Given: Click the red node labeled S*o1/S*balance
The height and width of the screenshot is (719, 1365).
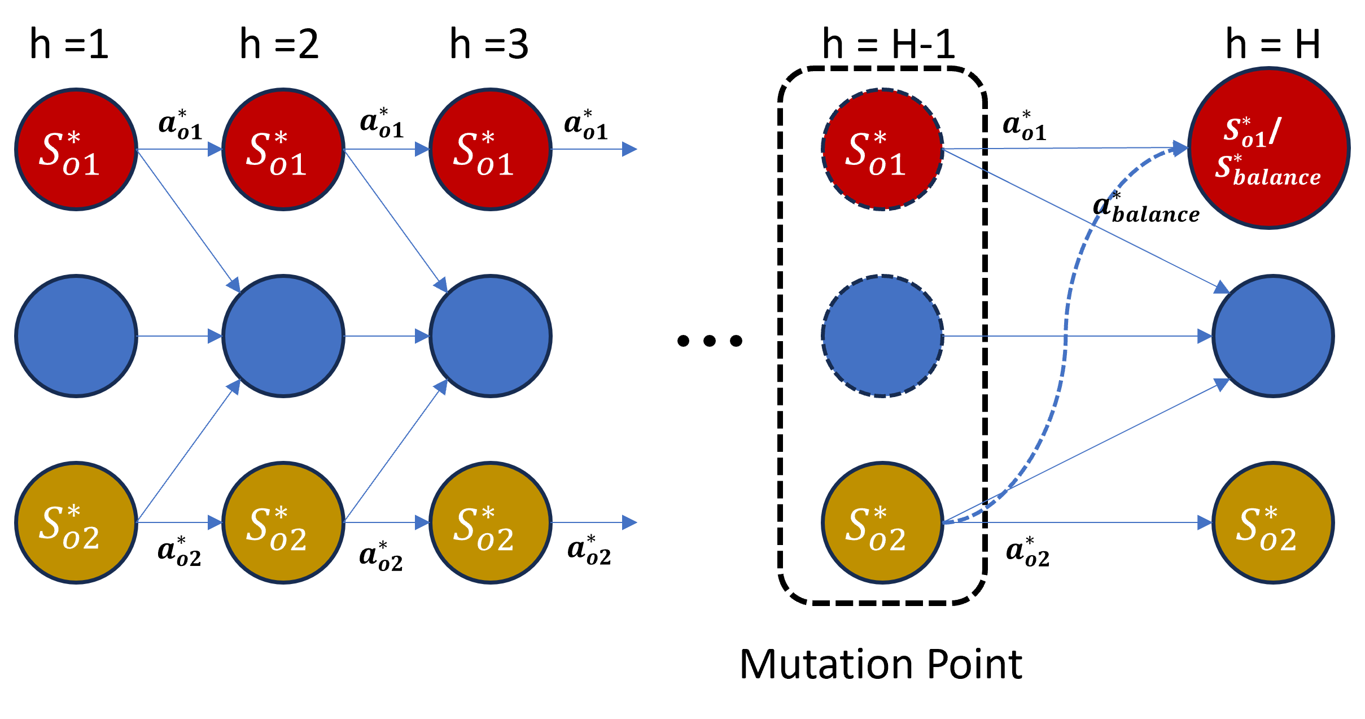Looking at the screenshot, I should [1269, 148].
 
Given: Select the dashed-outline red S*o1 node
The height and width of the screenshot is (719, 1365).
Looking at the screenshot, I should [882, 150].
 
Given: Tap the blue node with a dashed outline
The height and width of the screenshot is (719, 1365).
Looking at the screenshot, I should [882, 336].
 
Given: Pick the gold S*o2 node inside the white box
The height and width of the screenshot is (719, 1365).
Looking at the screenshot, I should [882, 522].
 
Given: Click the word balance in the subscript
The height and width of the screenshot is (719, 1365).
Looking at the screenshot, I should [1277, 177].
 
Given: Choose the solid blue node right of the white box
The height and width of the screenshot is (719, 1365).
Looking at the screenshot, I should [1273, 336].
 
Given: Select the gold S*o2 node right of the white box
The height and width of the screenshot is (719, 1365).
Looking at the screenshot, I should [1273, 522].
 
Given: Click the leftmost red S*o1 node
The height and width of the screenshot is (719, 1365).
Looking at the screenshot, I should [76, 150].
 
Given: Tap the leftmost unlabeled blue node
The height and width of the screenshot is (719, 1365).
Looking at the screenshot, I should [76, 336].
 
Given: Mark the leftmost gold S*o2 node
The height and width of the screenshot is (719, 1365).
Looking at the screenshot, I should [76, 522].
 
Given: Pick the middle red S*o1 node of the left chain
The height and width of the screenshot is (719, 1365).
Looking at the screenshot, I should [283, 150].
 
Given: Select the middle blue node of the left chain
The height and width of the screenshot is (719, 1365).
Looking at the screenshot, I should [283, 336].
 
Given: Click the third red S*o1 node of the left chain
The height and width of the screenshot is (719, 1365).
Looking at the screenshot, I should [491, 150].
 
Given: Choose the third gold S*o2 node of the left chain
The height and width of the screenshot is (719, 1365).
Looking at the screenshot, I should [491, 522].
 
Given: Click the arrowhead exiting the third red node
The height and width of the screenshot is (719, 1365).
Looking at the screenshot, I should [629, 149].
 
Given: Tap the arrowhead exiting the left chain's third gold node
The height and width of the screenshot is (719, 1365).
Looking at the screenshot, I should [629, 522].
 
